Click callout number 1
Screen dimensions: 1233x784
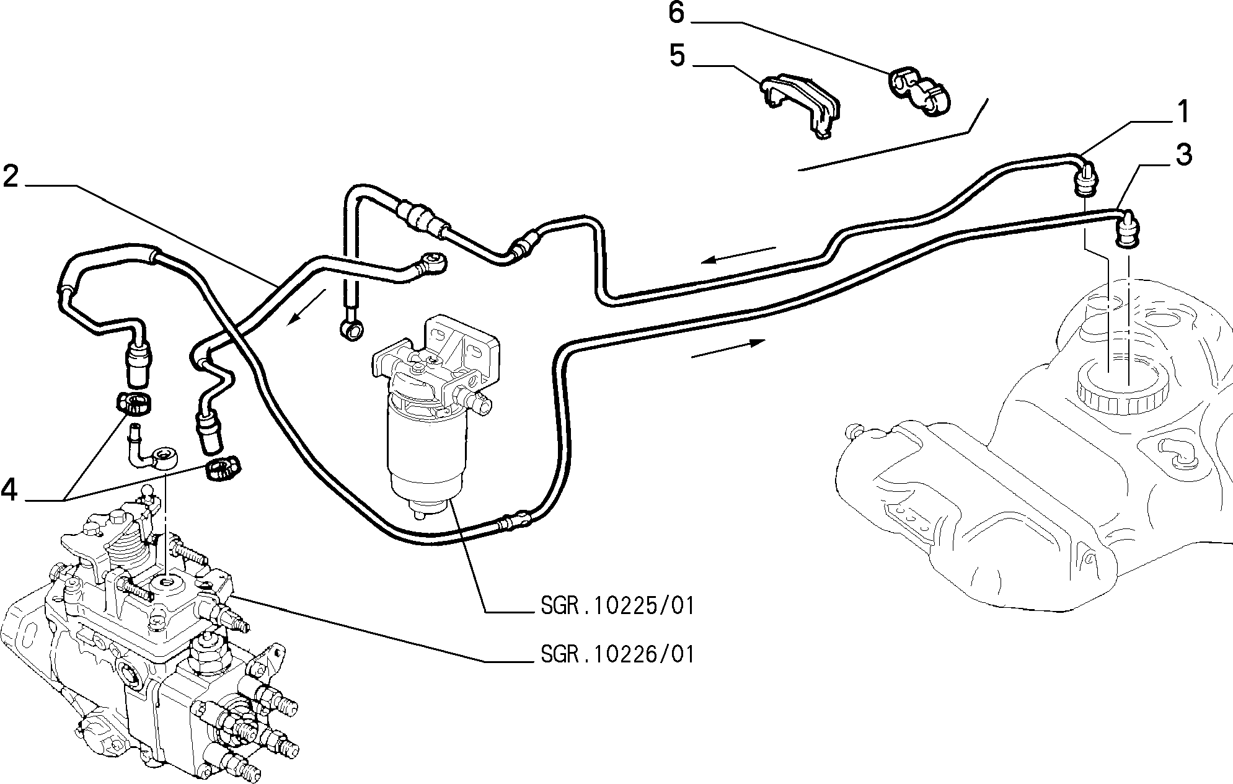click(x=1183, y=113)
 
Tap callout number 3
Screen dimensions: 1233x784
click(x=1183, y=155)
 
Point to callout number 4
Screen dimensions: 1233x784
click(x=10, y=490)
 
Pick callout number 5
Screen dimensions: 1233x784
click(x=678, y=56)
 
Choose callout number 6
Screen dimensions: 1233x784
click(x=676, y=13)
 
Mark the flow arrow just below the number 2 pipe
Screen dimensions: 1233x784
click(x=306, y=306)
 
